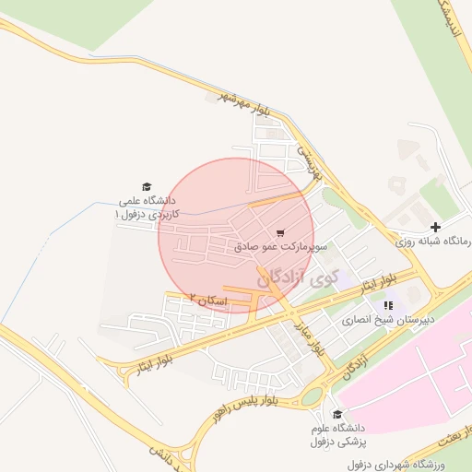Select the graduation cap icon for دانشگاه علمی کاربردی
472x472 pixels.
click(x=145, y=186)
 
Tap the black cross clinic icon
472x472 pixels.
click(x=435, y=227)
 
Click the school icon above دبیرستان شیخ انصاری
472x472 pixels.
click(x=388, y=305)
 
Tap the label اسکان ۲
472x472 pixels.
click(x=206, y=299)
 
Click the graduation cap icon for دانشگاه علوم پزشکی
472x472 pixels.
click(x=336, y=415)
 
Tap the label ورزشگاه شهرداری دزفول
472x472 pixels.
click(x=419, y=462)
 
